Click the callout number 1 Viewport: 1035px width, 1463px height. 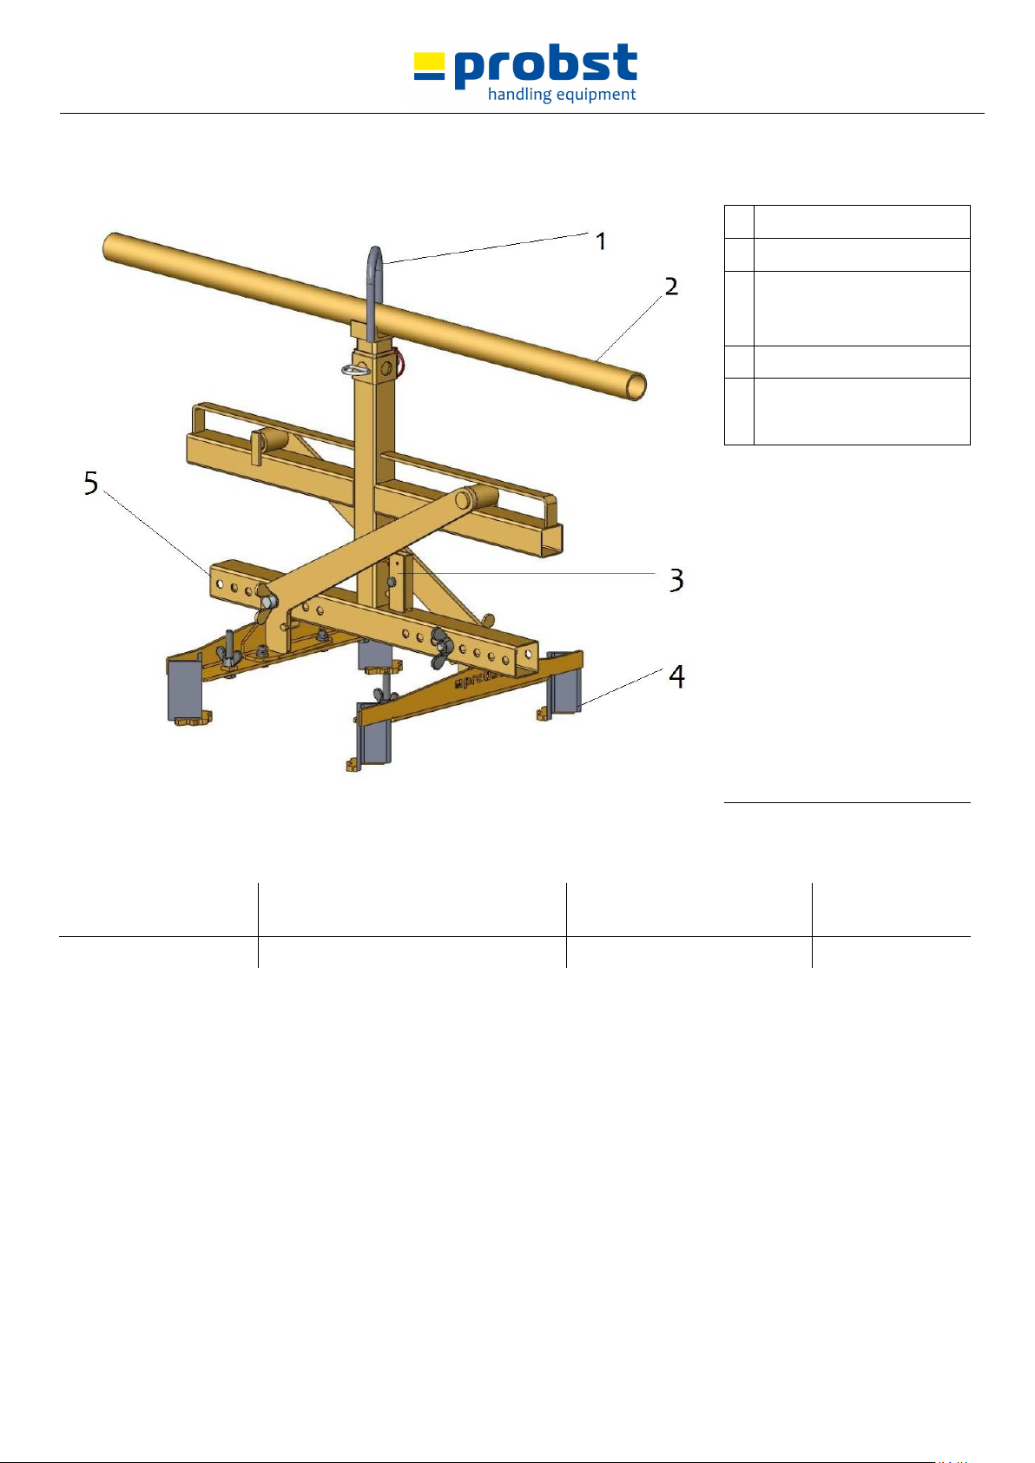coord(601,241)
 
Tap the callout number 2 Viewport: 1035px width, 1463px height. coord(671,286)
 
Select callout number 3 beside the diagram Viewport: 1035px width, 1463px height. coord(676,580)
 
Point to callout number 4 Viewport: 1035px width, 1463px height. coord(677,676)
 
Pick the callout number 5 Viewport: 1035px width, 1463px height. coord(91,484)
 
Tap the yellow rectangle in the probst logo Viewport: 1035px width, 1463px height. coord(429,61)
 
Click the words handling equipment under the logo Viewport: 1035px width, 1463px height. coord(562,95)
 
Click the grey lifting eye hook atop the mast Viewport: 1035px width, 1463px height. coord(374,293)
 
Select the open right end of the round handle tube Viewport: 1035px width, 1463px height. coord(636,386)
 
